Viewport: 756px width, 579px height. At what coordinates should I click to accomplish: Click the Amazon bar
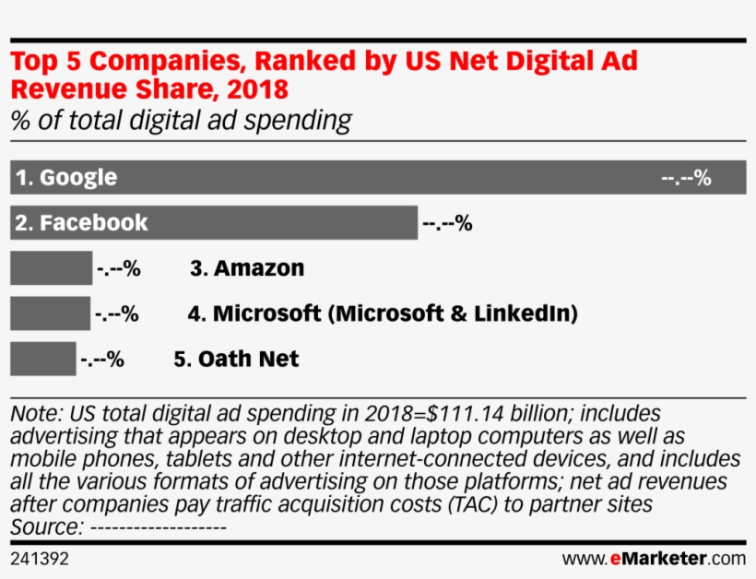point(51,268)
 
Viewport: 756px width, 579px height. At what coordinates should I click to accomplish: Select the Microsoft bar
point(50,313)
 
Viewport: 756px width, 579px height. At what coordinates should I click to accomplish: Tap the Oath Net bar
point(42,359)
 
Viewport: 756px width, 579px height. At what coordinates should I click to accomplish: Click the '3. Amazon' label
point(247,268)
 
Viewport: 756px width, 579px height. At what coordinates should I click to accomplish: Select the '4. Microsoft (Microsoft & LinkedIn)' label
point(383,313)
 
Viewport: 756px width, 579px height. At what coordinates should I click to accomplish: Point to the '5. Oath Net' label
point(237,359)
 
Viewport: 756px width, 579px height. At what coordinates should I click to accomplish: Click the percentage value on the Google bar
point(686,178)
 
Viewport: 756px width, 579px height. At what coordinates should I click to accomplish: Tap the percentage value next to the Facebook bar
point(447,223)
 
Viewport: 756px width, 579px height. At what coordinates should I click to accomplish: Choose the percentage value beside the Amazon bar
point(118,269)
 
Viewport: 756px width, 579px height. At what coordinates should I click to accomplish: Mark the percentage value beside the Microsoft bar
point(116,314)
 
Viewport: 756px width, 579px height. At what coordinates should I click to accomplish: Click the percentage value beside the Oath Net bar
point(101,360)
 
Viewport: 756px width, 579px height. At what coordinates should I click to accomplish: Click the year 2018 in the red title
point(256,89)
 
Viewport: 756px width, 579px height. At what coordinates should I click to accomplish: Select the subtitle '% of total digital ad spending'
point(181,120)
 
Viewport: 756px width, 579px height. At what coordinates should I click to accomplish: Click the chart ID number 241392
point(40,559)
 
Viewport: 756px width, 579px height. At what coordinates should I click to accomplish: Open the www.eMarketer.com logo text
point(654,559)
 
